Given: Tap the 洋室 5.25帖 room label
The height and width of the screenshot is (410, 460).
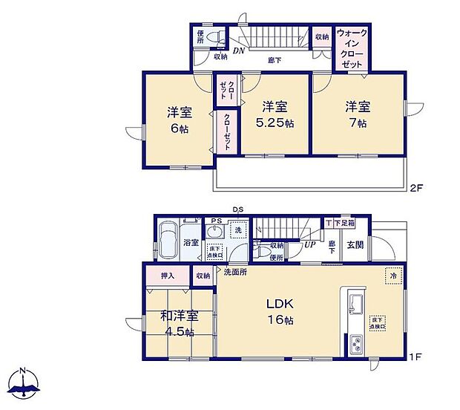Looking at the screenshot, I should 272,115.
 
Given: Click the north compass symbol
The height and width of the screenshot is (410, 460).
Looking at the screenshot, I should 23,385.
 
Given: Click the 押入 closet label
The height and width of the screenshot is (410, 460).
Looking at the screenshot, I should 168,276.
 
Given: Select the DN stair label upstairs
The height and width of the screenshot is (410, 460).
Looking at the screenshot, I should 238,51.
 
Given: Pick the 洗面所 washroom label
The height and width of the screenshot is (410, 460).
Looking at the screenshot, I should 235,272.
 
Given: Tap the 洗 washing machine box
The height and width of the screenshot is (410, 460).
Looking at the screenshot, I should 238,230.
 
